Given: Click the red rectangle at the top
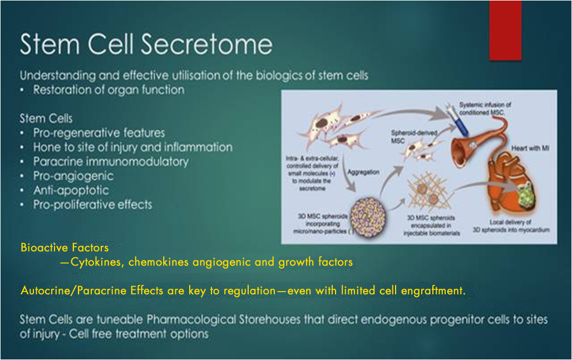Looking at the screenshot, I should point(505,30).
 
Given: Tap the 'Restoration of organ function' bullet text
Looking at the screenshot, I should point(109,90).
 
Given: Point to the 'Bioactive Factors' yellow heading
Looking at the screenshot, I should point(65,247).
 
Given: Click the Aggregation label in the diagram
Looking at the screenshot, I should point(363,172).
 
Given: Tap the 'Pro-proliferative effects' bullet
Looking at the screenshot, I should point(92,204).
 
